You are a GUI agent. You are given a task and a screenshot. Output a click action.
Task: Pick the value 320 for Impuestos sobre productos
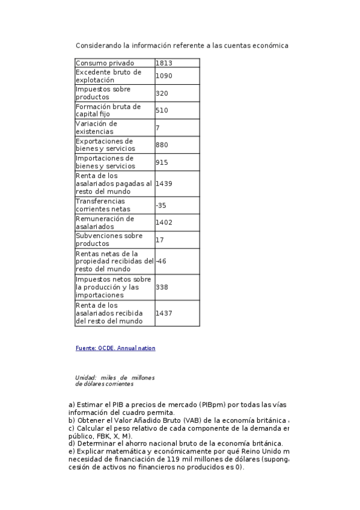(x=162, y=93)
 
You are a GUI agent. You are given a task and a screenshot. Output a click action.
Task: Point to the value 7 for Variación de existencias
(x=157, y=127)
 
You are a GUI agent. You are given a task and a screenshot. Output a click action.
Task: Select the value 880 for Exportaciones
(x=162, y=145)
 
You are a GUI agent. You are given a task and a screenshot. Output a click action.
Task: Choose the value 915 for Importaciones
(x=162, y=162)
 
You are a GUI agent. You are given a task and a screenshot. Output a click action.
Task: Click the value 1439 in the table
(x=163, y=183)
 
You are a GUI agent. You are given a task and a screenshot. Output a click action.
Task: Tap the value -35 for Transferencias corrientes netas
(x=160, y=205)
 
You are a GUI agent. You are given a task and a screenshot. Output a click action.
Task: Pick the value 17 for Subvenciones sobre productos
(x=159, y=240)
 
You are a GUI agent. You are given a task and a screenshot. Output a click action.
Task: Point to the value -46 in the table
(x=160, y=261)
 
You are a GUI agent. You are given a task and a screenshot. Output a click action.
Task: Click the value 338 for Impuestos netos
(x=162, y=287)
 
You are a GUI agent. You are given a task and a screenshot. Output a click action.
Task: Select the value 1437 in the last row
(x=163, y=313)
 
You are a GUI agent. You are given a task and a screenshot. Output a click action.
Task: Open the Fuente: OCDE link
(x=115, y=348)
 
